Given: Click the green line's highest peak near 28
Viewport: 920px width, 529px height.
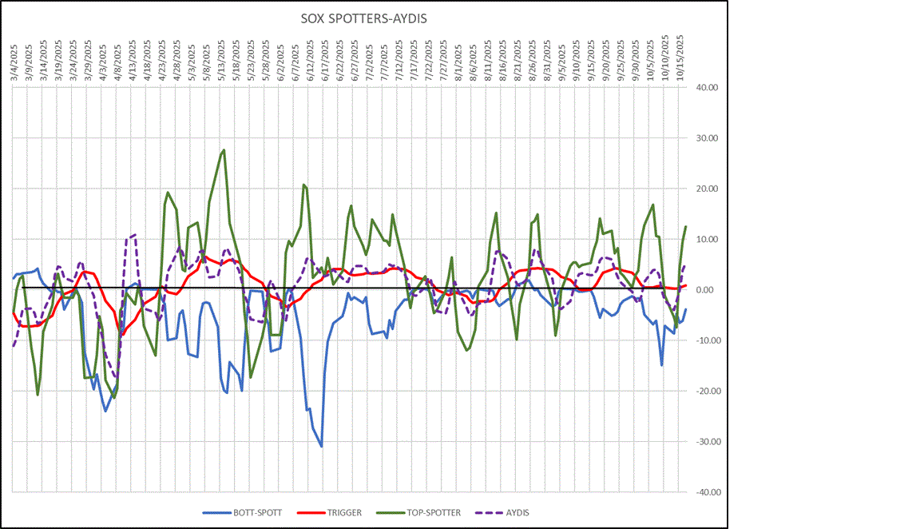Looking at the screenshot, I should [x=224, y=149].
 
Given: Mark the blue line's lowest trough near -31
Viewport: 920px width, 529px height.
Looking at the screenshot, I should [x=321, y=446].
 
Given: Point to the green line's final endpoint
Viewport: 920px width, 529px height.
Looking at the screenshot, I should [x=685, y=227].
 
